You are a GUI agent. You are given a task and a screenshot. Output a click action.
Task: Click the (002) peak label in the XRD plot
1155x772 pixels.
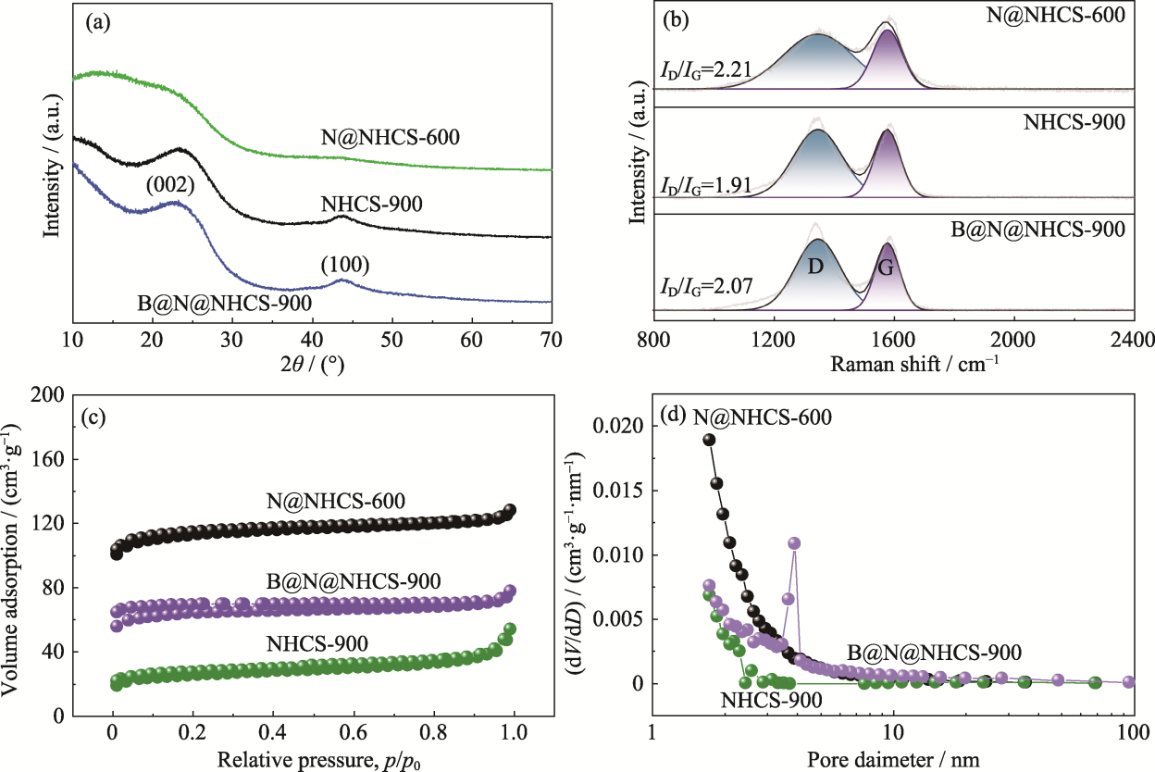[169, 185]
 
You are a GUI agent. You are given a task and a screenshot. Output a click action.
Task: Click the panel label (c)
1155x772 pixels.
[95, 415]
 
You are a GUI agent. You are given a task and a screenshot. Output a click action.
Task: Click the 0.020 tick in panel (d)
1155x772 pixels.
[615, 427]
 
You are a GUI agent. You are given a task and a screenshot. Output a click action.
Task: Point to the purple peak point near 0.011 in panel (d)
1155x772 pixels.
[794, 542]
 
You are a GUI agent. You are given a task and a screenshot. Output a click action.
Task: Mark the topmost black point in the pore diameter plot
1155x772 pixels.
[710, 440]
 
